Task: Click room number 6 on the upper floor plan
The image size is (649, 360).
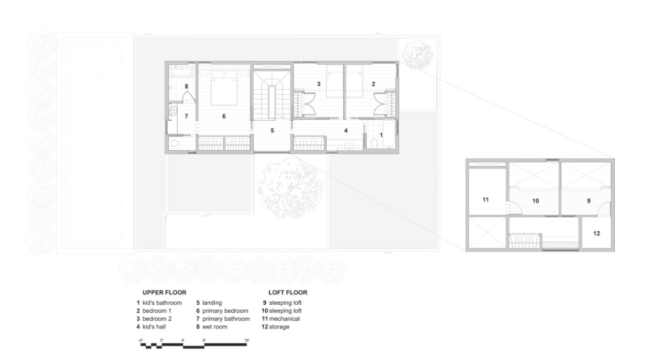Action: pyautogui.click(x=224, y=117)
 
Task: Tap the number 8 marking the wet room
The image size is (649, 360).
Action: pyautogui.click(x=187, y=86)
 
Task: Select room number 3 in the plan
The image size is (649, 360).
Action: pyautogui.click(x=319, y=84)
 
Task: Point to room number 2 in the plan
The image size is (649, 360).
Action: pyautogui.click(x=373, y=84)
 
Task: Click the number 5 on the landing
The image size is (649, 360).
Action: pyautogui.click(x=273, y=130)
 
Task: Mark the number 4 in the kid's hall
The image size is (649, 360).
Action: pyautogui.click(x=346, y=130)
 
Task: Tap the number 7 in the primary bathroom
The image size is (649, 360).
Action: pyautogui.click(x=187, y=117)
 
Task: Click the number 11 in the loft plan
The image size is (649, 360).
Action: pyautogui.click(x=485, y=199)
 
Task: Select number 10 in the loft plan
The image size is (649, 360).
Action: pyautogui.click(x=535, y=199)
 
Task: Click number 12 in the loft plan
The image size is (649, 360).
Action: pyautogui.click(x=595, y=234)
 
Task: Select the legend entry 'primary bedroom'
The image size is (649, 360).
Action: pyautogui.click(x=224, y=311)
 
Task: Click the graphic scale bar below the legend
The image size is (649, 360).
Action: pyautogui.click(x=193, y=343)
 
